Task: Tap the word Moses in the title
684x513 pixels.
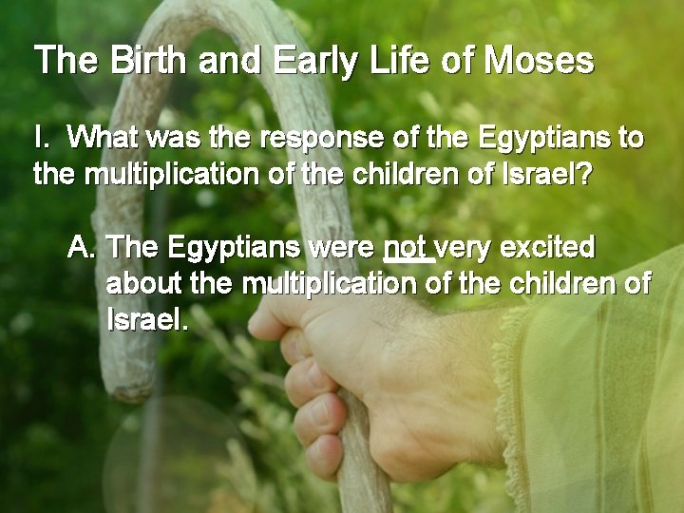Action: pyautogui.click(x=539, y=62)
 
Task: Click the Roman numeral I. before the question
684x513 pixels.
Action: pyautogui.click(x=41, y=139)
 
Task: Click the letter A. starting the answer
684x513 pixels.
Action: pyautogui.click(x=82, y=248)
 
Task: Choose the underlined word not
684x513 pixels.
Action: pyautogui.click(x=407, y=248)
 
